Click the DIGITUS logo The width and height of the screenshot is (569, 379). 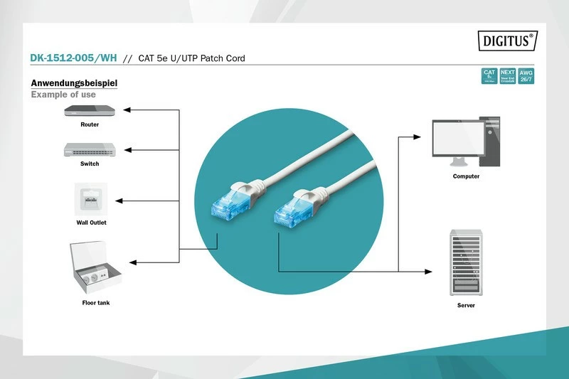tap(508, 41)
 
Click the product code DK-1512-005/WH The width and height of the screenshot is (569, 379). tap(74, 58)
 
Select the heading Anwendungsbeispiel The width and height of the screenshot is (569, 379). tap(73, 83)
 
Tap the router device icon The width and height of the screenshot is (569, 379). tap(90, 110)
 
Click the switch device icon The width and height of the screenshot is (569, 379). tap(90, 149)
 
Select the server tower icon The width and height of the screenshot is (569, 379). tap(466, 263)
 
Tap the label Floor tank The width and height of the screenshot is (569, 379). tap(95, 303)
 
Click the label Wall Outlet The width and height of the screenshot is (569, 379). tap(91, 223)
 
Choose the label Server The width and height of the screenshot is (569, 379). tap(466, 305)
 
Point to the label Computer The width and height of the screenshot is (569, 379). tap(466, 176)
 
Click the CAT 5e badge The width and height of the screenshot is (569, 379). tap(489, 76)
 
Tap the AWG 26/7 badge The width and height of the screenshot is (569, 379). tap(526, 76)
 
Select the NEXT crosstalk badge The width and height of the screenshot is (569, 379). tap(507, 76)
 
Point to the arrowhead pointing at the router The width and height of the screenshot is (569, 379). tap(127, 110)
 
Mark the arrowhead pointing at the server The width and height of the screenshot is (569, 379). tap(429, 272)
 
